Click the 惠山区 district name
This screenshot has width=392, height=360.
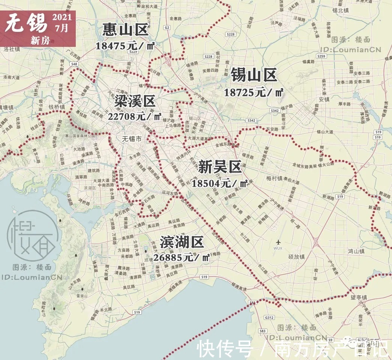126,30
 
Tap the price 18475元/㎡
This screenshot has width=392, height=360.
125,46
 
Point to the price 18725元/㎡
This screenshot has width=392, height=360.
254,92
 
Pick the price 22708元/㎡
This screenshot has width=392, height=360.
134,116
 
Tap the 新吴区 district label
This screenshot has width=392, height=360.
219,167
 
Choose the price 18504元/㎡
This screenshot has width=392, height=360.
220,183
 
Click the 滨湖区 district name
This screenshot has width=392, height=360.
182,242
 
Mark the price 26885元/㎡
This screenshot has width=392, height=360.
182,257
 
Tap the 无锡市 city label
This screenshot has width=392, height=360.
132,139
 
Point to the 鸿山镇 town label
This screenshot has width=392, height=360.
356,250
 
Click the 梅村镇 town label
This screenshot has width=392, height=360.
274,178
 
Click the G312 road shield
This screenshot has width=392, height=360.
269,317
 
